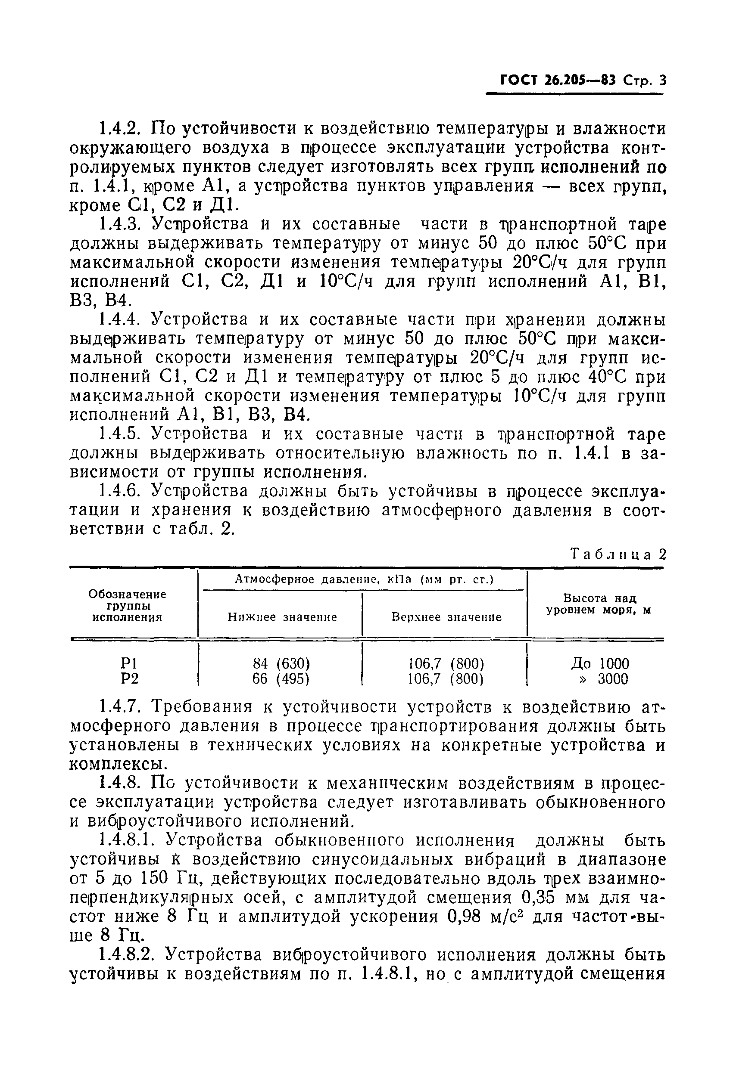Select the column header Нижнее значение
[x=282, y=617]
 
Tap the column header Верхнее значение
[x=446, y=617]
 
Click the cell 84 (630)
[x=281, y=663]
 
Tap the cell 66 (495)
[x=281, y=678]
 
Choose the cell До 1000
[x=600, y=663]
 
